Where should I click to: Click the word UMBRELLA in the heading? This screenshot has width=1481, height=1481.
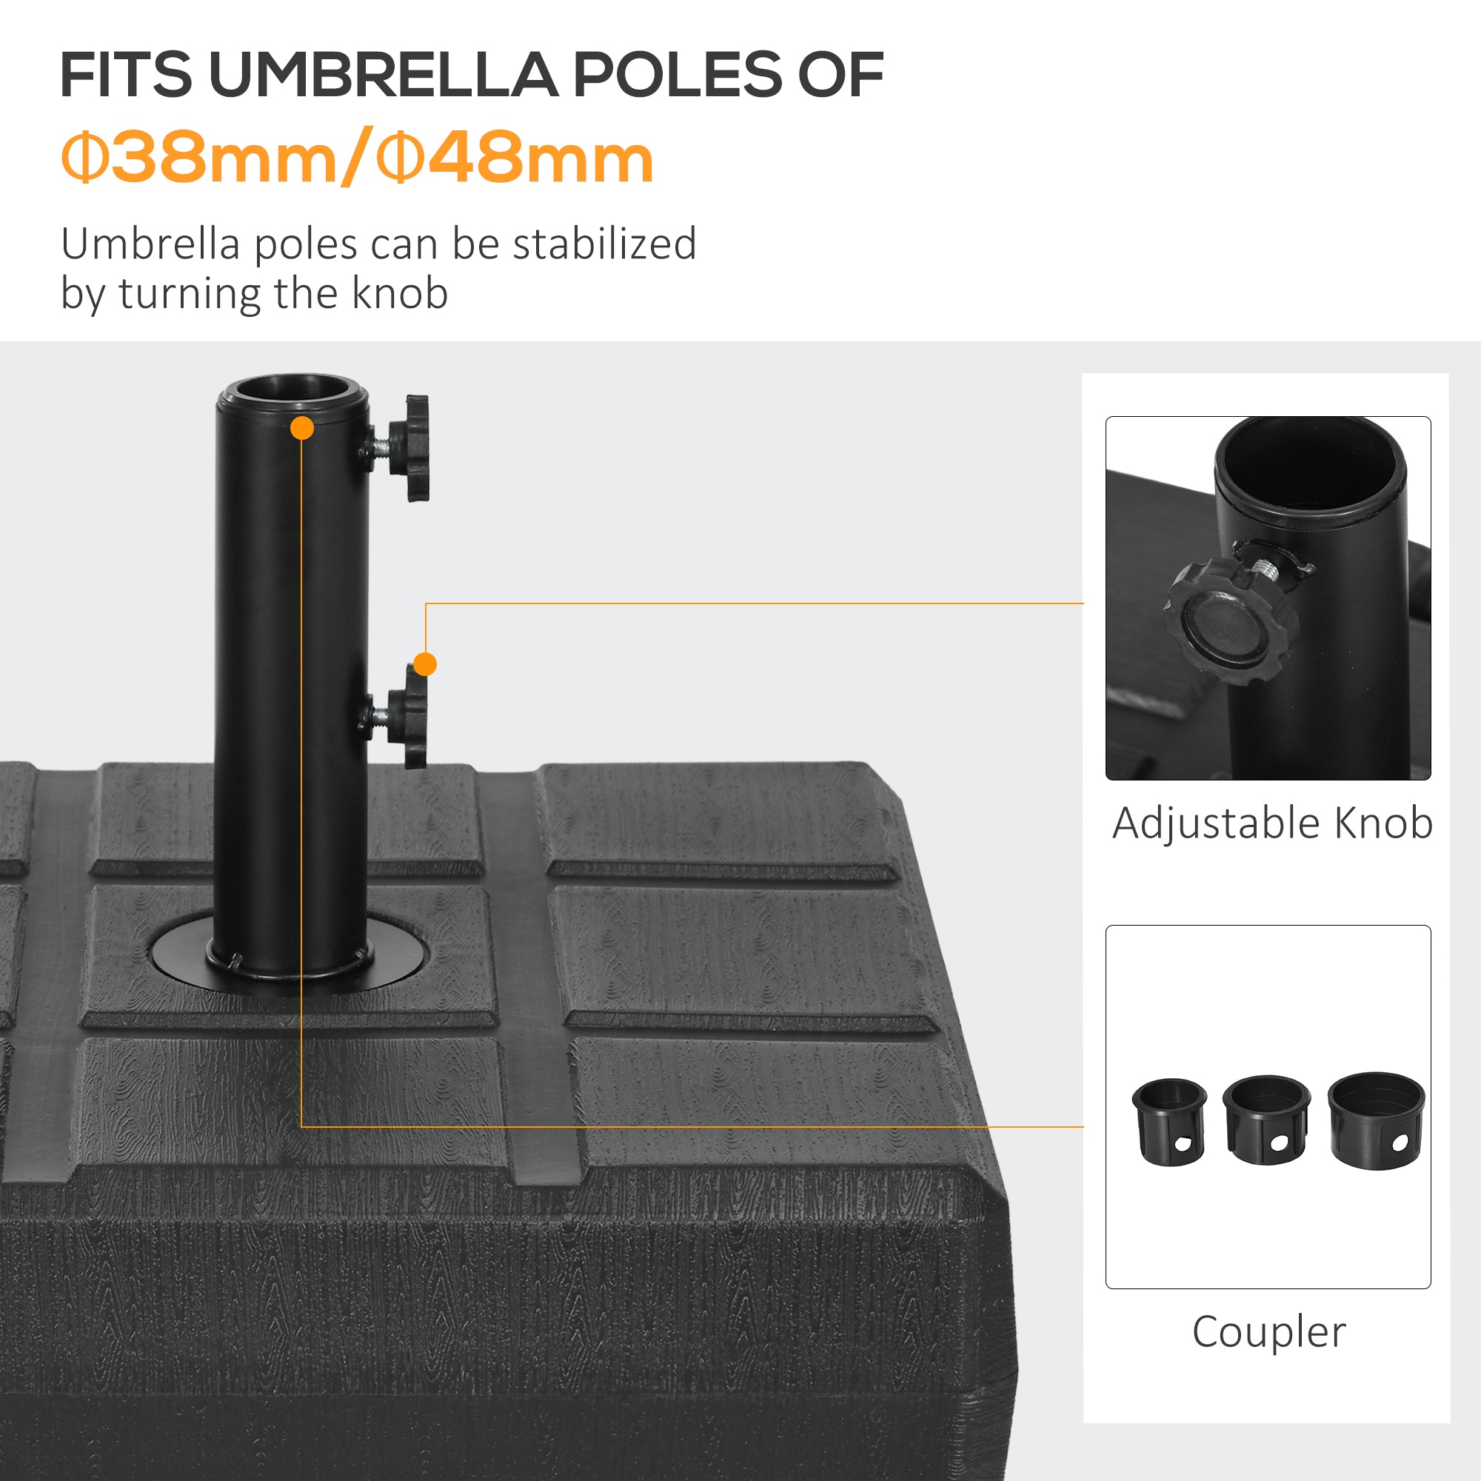(383, 75)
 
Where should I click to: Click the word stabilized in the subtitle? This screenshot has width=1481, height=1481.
(604, 244)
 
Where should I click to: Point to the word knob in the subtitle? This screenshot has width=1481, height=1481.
(399, 293)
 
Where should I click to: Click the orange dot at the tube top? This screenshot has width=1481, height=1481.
(303, 428)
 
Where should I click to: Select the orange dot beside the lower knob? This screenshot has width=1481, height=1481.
(424, 663)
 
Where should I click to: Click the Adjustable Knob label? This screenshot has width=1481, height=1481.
(1271, 824)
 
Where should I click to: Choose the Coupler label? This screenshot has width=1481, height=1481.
(1268, 1332)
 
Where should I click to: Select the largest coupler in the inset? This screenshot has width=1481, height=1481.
(1376, 1119)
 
